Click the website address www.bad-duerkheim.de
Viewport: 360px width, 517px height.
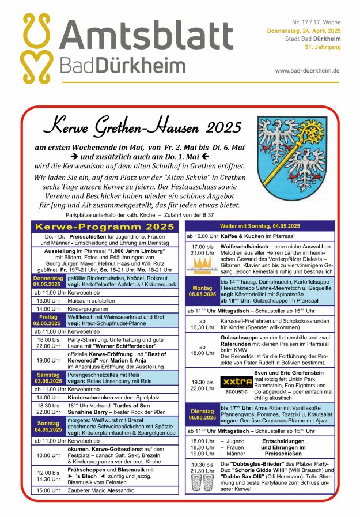coord(307,70)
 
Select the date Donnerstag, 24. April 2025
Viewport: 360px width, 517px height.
coord(303,30)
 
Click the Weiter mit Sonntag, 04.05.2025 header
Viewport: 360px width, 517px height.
coord(260,226)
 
